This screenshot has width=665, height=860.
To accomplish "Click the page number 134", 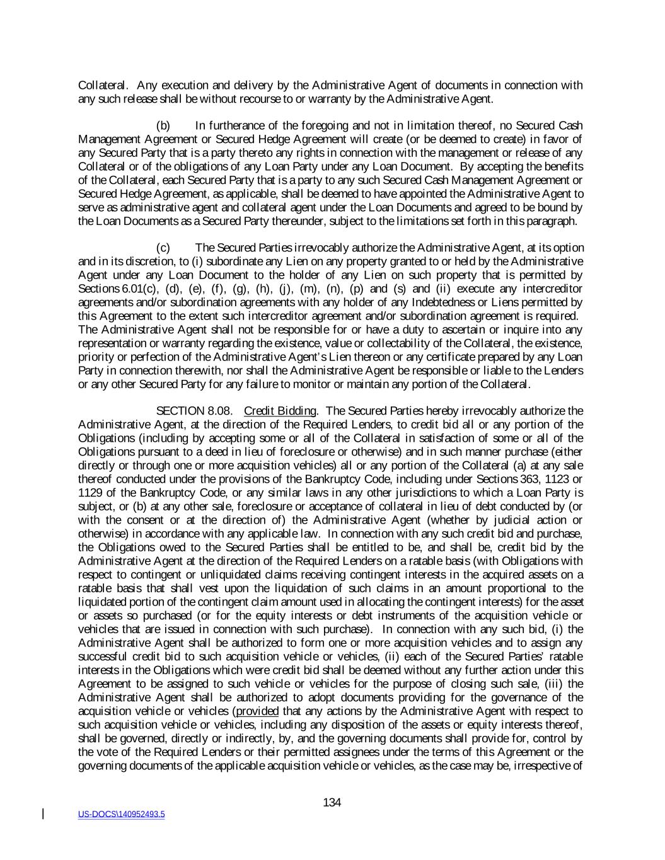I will pos(332,803).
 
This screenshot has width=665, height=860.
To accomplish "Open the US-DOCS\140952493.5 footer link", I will pos(121,815).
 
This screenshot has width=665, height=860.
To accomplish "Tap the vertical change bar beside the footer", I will pos(43,814).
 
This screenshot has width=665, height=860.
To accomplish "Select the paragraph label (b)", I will pos(163,125).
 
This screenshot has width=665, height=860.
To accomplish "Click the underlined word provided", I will pos(257,711).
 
